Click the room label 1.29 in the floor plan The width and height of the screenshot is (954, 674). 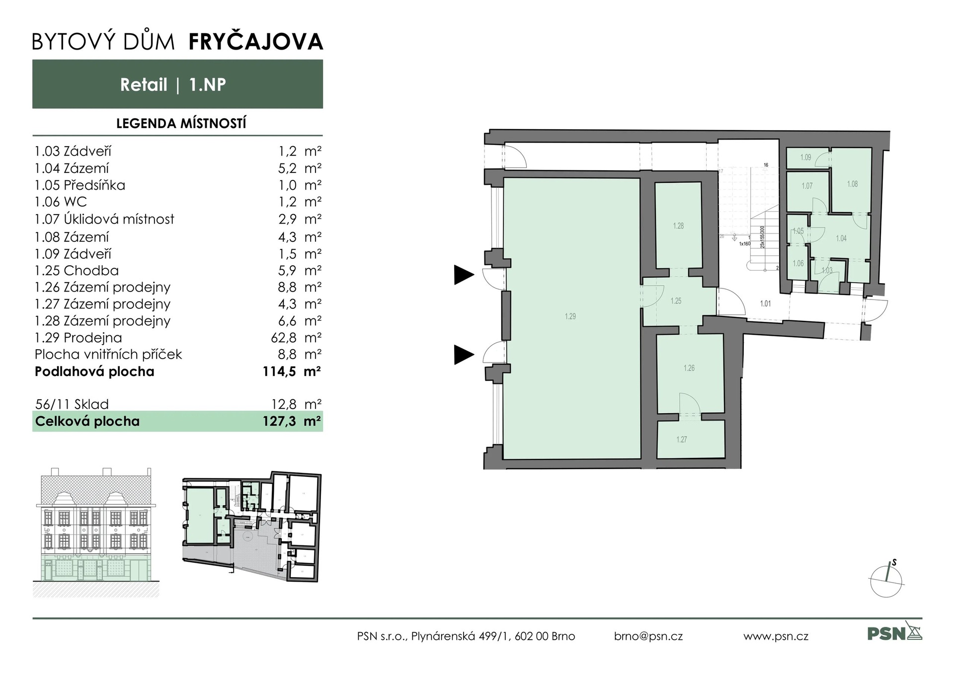(x=570, y=316)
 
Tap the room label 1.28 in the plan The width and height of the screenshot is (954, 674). (x=678, y=226)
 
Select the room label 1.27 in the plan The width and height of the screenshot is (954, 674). (x=681, y=440)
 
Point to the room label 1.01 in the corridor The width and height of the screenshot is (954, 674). (x=765, y=303)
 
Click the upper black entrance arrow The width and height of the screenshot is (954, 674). (x=464, y=275)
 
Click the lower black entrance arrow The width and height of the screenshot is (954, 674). (x=464, y=355)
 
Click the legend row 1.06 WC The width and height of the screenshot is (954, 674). (x=61, y=202)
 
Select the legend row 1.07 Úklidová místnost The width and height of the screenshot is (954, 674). (x=104, y=219)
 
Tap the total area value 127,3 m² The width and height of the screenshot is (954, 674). (x=291, y=421)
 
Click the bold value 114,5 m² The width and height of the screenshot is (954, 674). (x=291, y=372)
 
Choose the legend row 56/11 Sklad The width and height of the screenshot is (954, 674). (x=72, y=404)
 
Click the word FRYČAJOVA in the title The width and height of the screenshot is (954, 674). (x=256, y=42)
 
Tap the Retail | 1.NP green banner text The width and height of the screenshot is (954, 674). (x=173, y=85)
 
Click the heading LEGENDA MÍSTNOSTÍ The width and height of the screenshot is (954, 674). (x=181, y=124)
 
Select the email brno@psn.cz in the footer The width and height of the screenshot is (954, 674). (x=648, y=636)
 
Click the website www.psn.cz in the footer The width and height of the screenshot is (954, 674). (x=776, y=636)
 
